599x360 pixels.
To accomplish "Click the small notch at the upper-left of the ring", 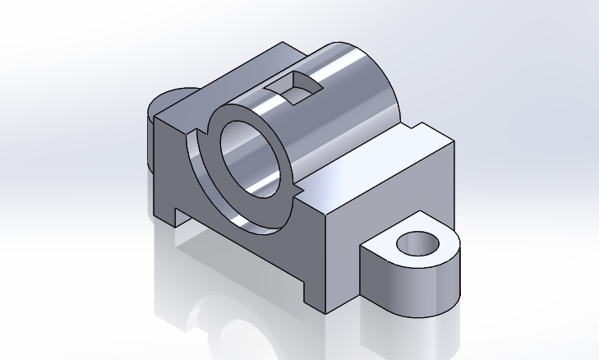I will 202,132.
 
